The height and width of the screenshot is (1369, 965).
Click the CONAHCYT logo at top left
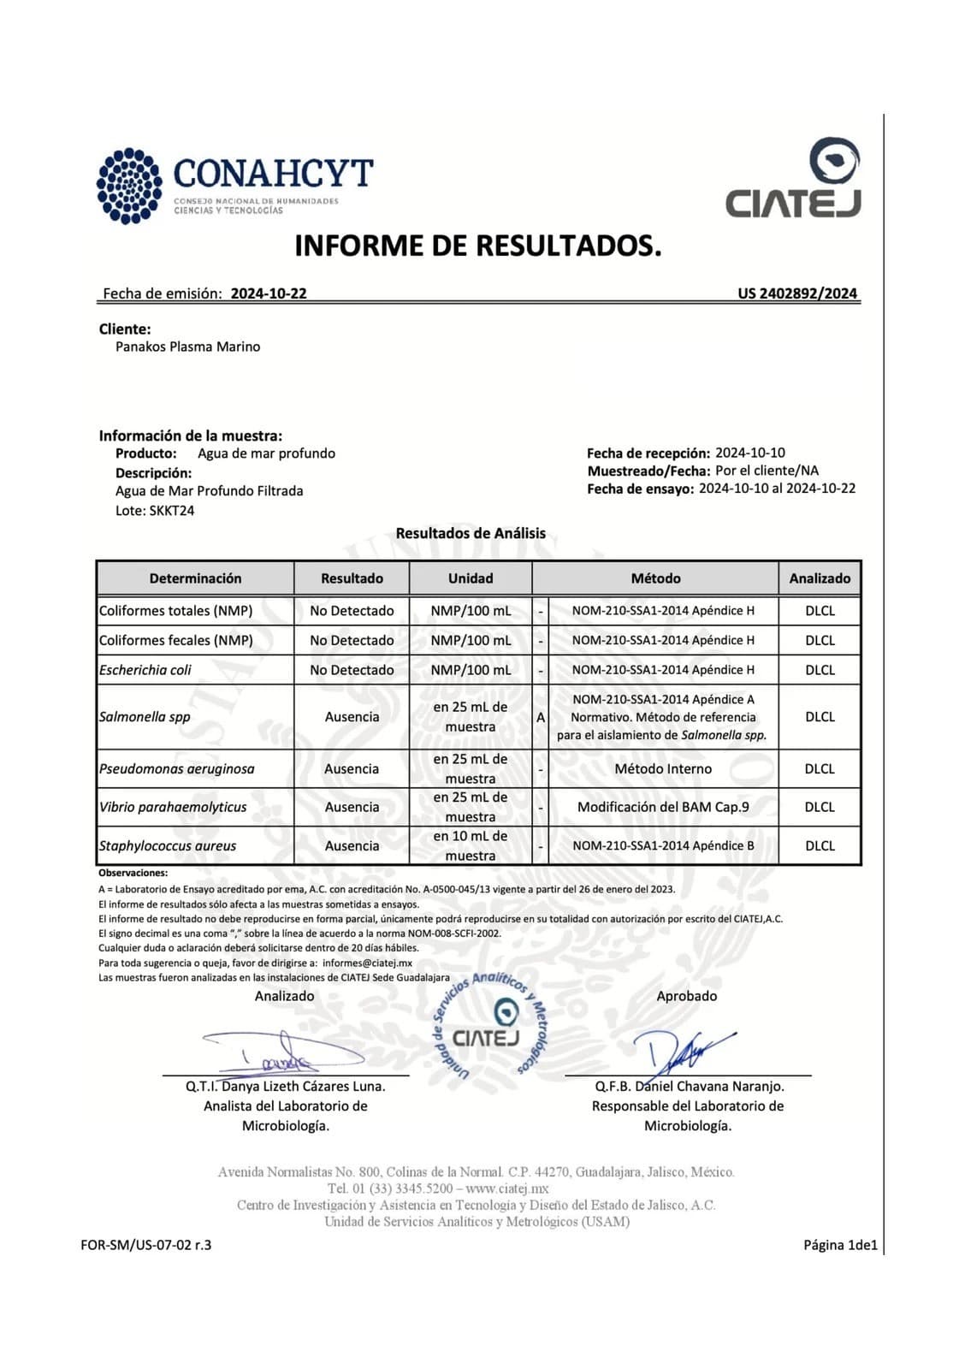[234, 185]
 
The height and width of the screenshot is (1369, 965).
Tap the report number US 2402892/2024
[797, 293]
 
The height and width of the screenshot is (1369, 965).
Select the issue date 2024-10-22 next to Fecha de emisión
[269, 293]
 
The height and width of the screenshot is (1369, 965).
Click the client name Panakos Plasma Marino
[187, 347]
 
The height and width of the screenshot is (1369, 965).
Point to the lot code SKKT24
[172, 511]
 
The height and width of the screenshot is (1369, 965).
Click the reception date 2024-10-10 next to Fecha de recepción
[750, 453]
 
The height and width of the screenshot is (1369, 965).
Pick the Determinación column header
[195, 578]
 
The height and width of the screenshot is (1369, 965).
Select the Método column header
[655, 578]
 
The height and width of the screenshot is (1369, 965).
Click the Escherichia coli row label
[145, 670]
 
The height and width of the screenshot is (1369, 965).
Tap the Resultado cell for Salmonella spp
[352, 717]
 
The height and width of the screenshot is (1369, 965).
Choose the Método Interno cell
[663, 768]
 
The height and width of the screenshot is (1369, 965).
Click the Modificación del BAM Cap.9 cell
[663, 807]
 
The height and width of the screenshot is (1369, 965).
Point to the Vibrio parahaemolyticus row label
[173, 807]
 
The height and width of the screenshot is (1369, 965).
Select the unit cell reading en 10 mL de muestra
[471, 845]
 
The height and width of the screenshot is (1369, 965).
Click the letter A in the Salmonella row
[541, 717]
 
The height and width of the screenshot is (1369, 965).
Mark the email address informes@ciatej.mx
[367, 963]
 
